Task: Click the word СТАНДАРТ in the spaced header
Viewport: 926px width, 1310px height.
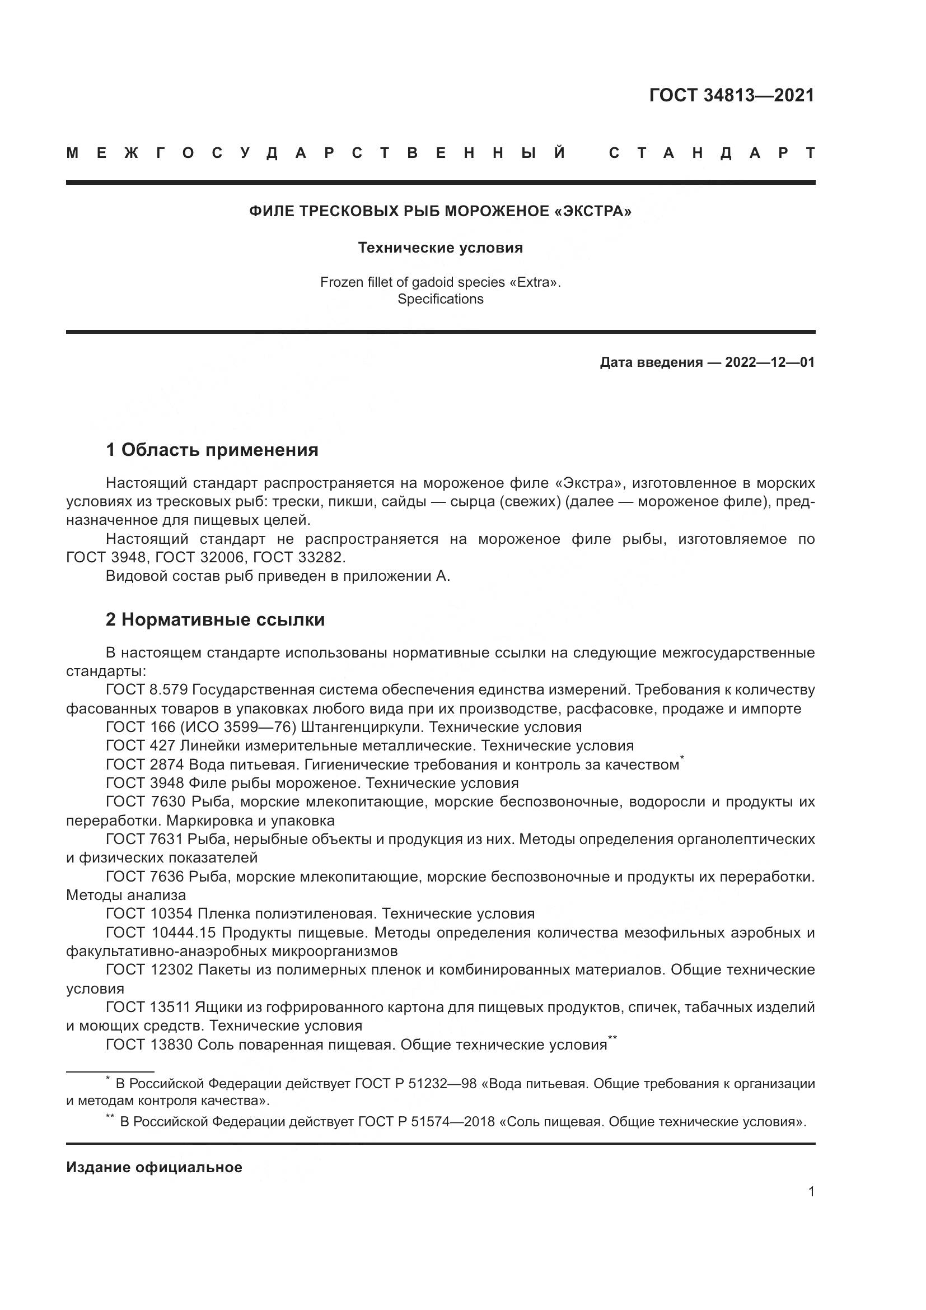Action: tap(711, 153)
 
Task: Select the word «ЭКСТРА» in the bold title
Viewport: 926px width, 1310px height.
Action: tap(592, 211)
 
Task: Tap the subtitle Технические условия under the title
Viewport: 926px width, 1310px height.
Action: tap(440, 248)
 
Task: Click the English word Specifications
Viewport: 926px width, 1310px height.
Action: tap(440, 299)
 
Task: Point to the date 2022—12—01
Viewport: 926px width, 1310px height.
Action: tap(769, 362)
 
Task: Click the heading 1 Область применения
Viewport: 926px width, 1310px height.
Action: tap(212, 450)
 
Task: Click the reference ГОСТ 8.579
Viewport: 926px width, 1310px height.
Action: tap(147, 690)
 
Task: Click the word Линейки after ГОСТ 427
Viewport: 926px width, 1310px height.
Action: tap(209, 745)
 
